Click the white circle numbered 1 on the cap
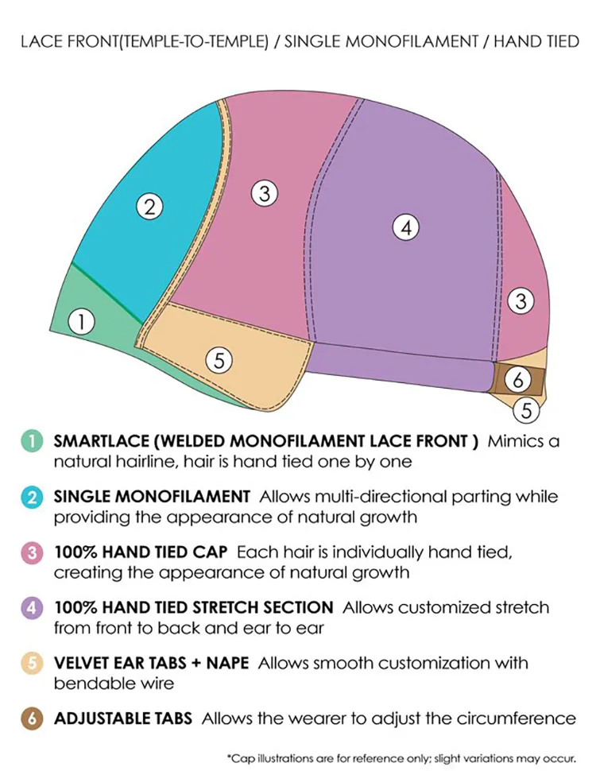click(x=81, y=322)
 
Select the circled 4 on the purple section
click(x=405, y=228)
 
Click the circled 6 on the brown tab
click(x=518, y=381)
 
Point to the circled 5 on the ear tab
click(x=219, y=360)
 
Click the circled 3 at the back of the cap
click(x=521, y=302)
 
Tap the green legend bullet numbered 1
click(x=31, y=442)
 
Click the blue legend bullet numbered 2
click(x=31, y=498)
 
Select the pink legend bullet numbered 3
click(x=31, y=552)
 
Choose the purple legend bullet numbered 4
click(x=31, y=608)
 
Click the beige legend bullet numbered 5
click(x=31, y=663)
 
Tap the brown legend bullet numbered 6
click(x=31, y=719)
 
